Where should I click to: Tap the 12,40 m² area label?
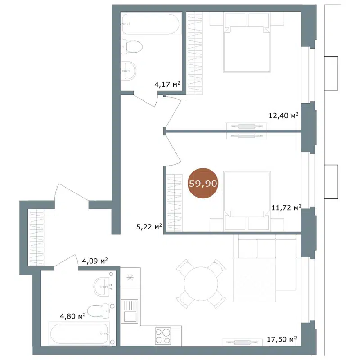click(283, 116)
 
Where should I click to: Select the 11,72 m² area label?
click(286, 207)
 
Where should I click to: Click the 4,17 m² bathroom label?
click(167, 84)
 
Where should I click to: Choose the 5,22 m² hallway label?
click(149, 227)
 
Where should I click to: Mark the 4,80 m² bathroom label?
click(72, 316)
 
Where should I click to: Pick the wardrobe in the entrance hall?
click(36, 238)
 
